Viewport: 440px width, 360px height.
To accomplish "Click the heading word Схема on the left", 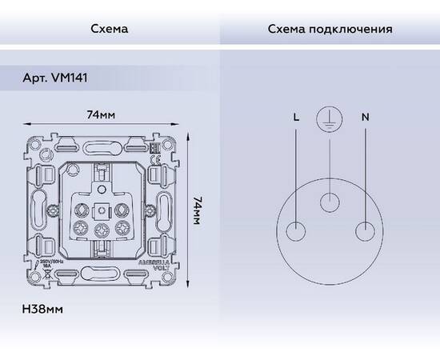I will (x=109, y=30).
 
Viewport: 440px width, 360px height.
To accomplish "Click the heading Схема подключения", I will (x=329, y=30).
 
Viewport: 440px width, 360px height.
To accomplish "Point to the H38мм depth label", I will (x=44, y=307).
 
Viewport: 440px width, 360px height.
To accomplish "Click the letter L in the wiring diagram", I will (x=297, y=117).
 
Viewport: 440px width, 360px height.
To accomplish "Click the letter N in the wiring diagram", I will (x=365, y=117).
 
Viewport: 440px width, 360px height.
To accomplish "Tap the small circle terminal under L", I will (x=297, y=230).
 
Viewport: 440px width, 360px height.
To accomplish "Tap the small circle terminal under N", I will (x=365, y=230).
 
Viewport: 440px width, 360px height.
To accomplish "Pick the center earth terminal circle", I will (x=330, y=202).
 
